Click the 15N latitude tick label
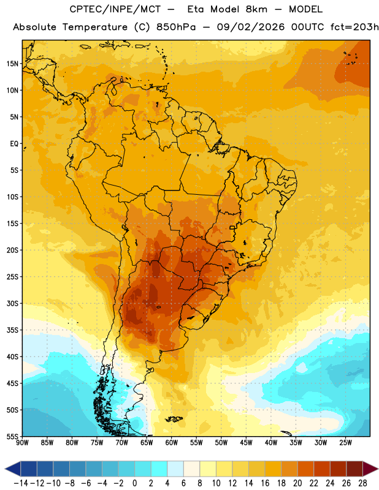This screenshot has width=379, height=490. (x=12, y=64)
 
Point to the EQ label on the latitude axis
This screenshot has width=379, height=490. (x=14, y=144)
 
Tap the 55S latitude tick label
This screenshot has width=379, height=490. (x=12, y=436)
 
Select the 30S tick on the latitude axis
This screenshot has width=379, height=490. (x=12, y=303)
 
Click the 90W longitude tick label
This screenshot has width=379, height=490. (x=22, y=442)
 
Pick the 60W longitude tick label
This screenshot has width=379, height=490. (x=172, y=442)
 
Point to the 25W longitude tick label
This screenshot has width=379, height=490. (x=345, y=442)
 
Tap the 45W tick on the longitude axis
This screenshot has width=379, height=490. (x=246, y=442)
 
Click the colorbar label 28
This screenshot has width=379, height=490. (x=362, y=483)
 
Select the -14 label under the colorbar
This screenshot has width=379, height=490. (x=21, y=483)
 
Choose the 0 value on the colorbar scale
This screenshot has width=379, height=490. (x=134, y=483)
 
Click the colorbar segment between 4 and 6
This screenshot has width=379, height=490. (x=175, y=469)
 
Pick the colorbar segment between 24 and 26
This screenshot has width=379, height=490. (x=338, y=469)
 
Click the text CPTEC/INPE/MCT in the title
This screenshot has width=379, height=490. (x=115, y=10)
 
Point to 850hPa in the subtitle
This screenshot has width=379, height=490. (x=176, y=27)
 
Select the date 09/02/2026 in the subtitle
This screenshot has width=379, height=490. (x=251, y=27)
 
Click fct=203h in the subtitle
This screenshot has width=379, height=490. (x=354, y=27)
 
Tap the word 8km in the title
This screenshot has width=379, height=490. (x=256, y=10)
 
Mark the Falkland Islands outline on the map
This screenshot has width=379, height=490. (x=174, y=419)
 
